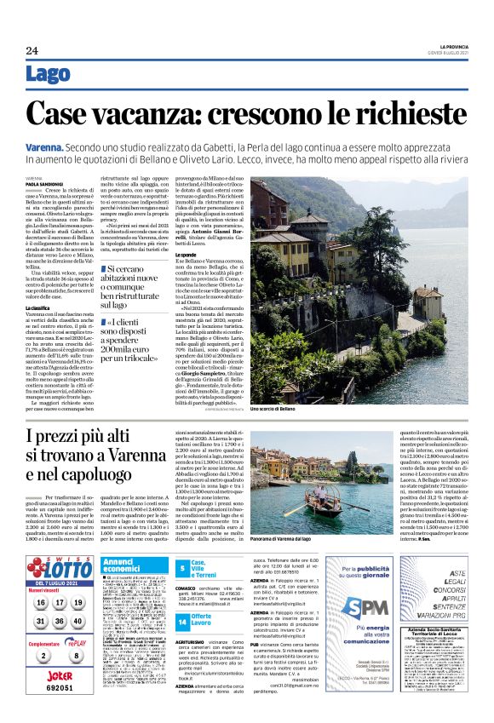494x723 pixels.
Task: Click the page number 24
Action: [32, 51]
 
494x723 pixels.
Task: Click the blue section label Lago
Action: [49, 74]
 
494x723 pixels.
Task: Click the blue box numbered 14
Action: [181, 617]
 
